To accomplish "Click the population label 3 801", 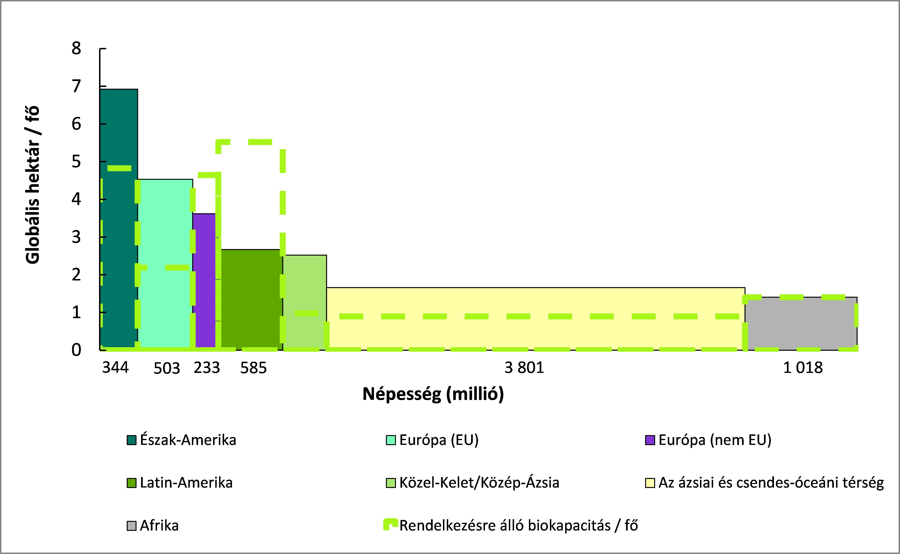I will [x=524, y=367].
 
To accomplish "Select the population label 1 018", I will [x=803, y=367].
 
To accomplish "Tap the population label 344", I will [x=116, y=367].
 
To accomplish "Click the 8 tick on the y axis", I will [x=76, y=48].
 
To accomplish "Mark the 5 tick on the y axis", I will [x=76, y=162].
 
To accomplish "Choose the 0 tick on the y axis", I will [x=76, y=350].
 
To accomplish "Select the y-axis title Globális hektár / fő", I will [x=33, y=185].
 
